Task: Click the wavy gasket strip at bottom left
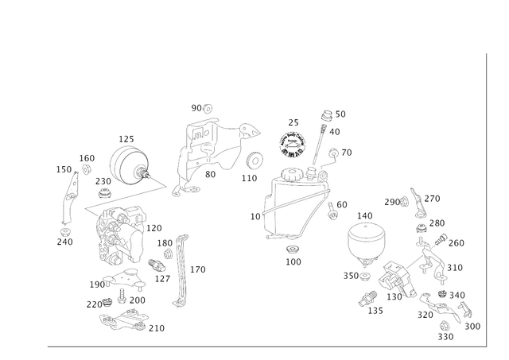point(126,322)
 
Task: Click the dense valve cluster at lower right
point(398,282)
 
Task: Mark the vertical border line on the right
point(484,199)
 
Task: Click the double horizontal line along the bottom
point(262,347)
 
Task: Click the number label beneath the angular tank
point(292,258)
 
